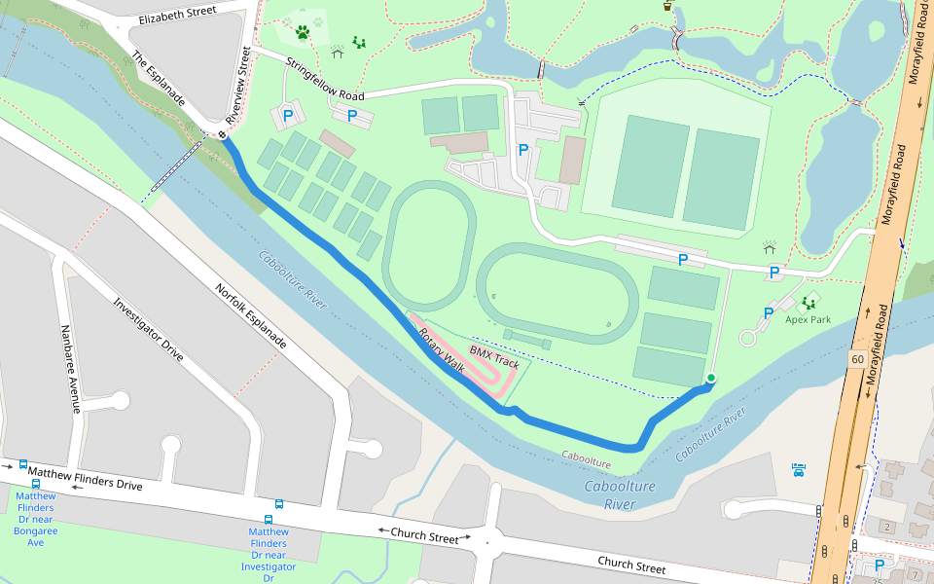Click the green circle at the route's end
tap(710, 378)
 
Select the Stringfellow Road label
tap(324, 82)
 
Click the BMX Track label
tap(494, 356)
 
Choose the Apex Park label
tap(808, 319)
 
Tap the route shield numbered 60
tap(856, 359)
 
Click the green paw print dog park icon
tap(303, 32)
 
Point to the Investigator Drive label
tap(148, 330)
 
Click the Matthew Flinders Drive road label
tap(86, 478)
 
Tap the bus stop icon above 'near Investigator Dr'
tap(279, 505)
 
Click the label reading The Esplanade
tap(158, 79)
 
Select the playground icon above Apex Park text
tap(809, 303)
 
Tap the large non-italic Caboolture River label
tap(620, 494)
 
